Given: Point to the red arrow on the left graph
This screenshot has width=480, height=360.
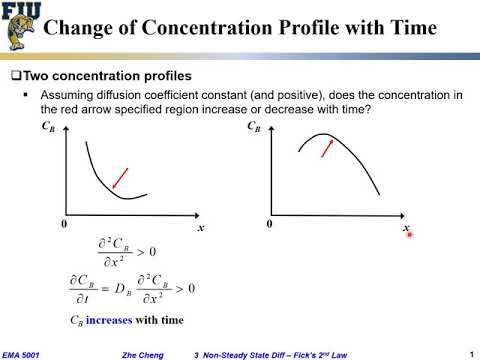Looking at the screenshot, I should point(119,177).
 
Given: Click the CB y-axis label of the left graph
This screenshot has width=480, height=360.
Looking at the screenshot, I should point(48,128).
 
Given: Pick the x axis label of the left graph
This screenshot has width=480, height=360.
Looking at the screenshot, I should point(201,229).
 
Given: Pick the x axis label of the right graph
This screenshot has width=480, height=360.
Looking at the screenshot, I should point(406,229).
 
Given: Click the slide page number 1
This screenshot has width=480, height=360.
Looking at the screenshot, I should point(470,351).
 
